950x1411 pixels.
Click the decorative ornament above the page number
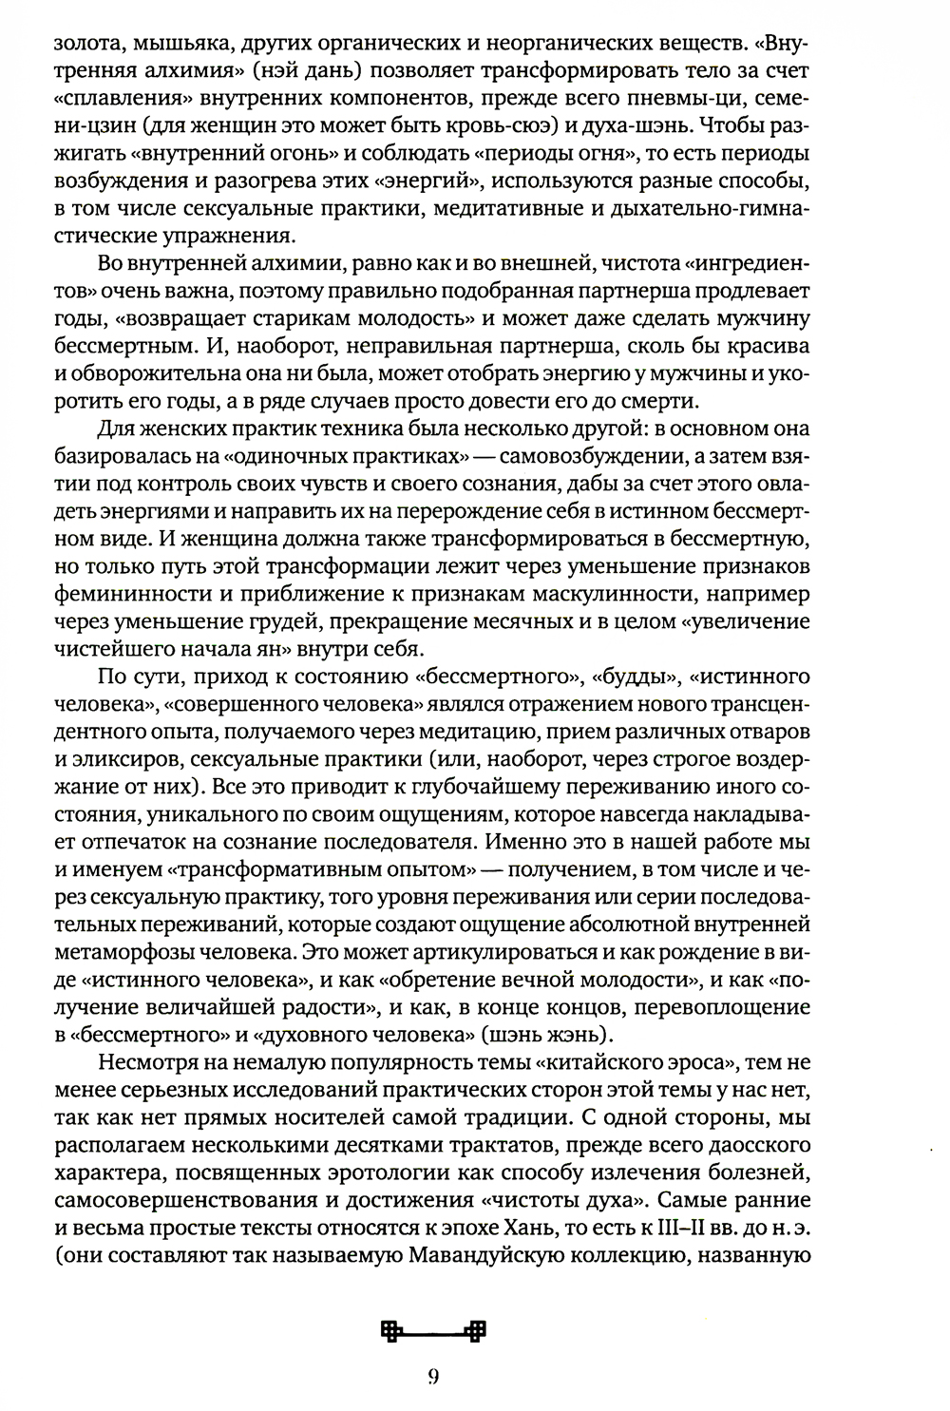[x=432, y=1331]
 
